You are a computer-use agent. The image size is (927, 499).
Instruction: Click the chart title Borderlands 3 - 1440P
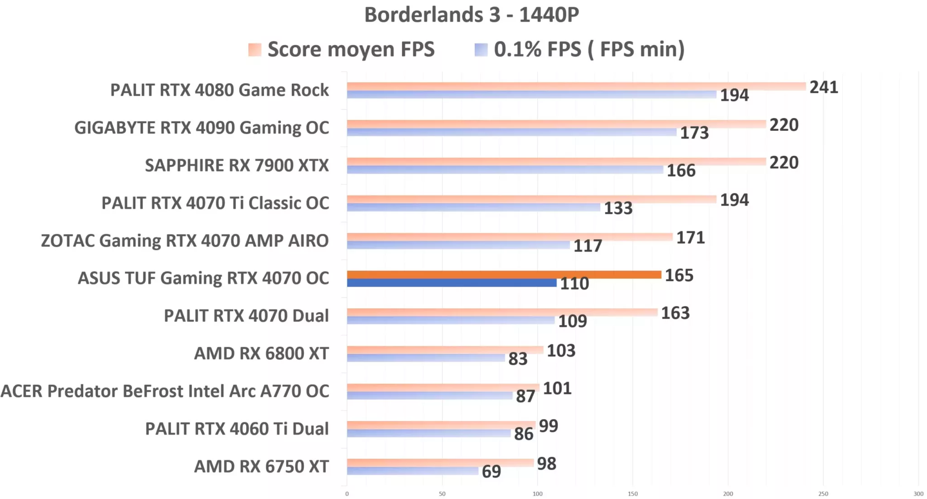click(x=471, y=15)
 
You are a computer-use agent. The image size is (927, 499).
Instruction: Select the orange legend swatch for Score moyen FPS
click(x=254, y=49)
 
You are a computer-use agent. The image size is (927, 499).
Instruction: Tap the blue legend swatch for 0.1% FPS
click(x=481, y=49)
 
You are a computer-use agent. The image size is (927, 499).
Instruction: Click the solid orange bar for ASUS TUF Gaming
click(x=503, y=274)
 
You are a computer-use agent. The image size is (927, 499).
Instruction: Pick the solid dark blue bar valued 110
click(x=451, y=283)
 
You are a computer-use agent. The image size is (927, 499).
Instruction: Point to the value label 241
click(x=823, y=87)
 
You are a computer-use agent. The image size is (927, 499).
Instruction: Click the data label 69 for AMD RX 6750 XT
click(x=491, y=472)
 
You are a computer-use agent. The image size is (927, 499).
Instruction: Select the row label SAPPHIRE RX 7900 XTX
click(x=237, y=166)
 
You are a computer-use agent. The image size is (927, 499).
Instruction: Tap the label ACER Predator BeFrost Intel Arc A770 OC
click(x=165, y=391)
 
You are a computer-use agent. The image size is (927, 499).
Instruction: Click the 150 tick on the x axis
click(x=632, y=494)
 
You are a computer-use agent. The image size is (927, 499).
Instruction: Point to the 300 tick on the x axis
click(x=918, y=494)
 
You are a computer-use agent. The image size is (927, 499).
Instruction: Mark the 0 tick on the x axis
click(x=347, y=494)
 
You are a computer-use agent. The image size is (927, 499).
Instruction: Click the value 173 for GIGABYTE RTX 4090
click(x=694, y=133)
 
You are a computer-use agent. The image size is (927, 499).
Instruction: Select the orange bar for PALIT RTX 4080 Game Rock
click(x=576, y=86)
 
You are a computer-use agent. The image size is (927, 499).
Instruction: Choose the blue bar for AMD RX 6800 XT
click(x=425, y=358)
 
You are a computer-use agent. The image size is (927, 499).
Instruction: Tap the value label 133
click(x=618, y=208)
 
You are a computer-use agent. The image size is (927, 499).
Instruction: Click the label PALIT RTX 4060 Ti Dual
click(x=237, y=429)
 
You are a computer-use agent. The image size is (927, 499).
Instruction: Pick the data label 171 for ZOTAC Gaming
click(x=690, y=238)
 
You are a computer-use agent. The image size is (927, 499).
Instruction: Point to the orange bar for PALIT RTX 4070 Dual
click(x=502, y=312)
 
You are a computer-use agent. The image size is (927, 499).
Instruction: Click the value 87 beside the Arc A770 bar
click(x=525, y=397)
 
